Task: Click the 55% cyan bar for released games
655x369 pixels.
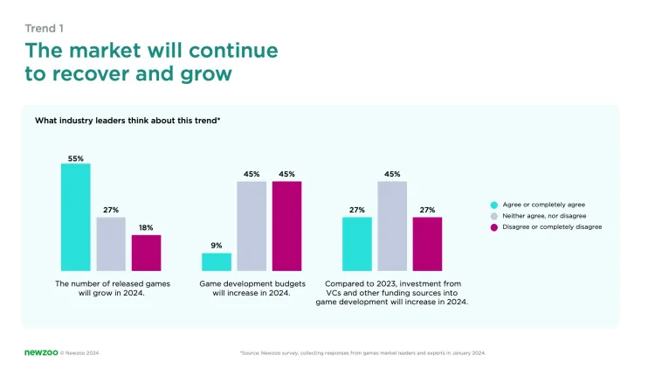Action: (76, 217)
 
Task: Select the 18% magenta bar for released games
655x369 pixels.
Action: (146, 253)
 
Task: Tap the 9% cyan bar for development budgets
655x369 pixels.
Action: (217, 261)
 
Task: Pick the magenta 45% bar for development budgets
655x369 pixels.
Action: (286, 226)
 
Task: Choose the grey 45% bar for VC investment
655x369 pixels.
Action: (392, 226)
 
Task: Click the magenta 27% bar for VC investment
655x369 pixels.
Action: (427, 243)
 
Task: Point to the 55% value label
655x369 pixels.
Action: (76, 158)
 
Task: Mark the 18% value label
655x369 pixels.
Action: (146, 228)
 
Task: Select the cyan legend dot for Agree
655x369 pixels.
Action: (493, 204)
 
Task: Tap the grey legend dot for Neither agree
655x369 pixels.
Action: (493, 215)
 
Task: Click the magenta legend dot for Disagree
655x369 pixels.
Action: (493, 226)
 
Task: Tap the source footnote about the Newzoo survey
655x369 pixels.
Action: (362, 353)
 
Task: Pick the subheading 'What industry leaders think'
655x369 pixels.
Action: (127, 121)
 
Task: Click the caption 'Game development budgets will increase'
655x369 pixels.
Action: (252, 289)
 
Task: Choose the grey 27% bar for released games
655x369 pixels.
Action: (111, 244)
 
